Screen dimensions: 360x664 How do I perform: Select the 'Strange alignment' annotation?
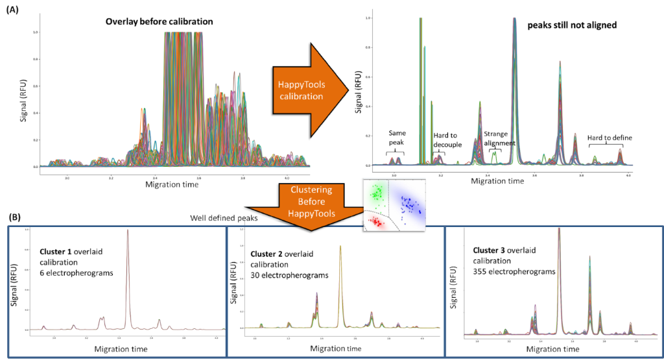[x=499, y=139]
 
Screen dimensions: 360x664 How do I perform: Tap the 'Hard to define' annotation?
[x=609, y=138]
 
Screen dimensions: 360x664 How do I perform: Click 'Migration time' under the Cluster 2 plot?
[x=337, y=348]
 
